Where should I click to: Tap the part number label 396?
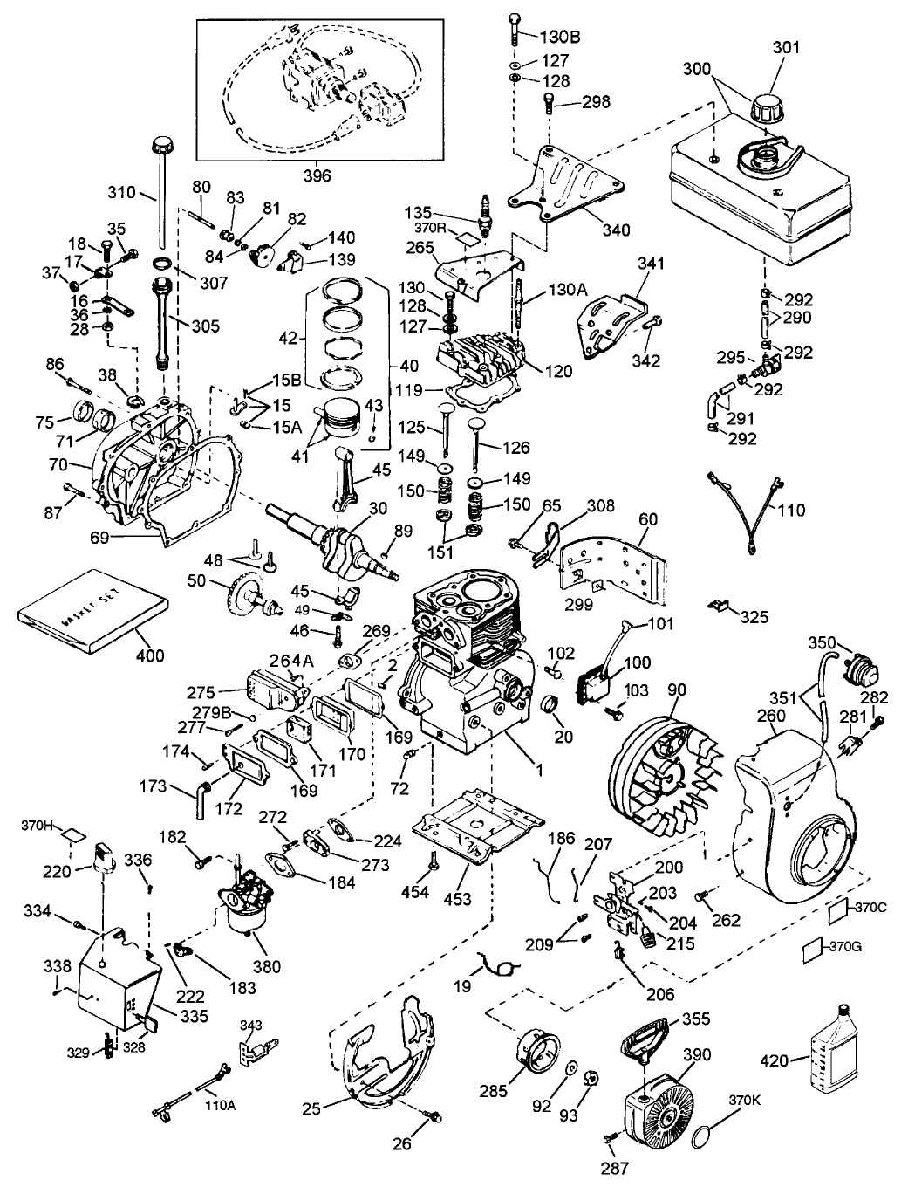(317, 175)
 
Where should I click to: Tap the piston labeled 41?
(343, 419)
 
